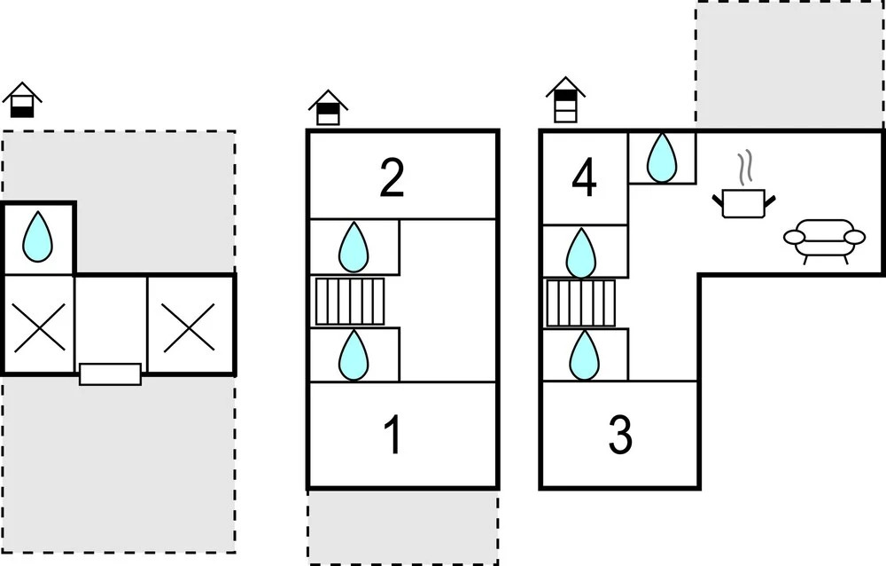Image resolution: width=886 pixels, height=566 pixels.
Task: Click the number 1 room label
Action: (392, 436)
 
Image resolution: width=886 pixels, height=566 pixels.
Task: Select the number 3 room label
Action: (620, 436)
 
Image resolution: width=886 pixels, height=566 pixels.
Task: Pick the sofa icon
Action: (824, 240)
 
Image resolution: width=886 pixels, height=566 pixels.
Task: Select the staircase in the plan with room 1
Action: (350, 302)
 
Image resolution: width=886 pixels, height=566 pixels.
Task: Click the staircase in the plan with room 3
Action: (580, 303)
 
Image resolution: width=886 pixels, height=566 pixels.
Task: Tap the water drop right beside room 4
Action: (662, 158)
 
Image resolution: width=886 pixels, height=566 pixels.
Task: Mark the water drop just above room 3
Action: (583, 355)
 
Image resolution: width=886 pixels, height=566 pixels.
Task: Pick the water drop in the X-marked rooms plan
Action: (37, 238)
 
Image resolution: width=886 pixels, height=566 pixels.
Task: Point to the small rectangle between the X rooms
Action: (110, 373)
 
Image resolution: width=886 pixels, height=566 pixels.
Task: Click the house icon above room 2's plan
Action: (328, 107)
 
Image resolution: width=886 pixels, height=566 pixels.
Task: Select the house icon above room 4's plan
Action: (566, 99)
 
